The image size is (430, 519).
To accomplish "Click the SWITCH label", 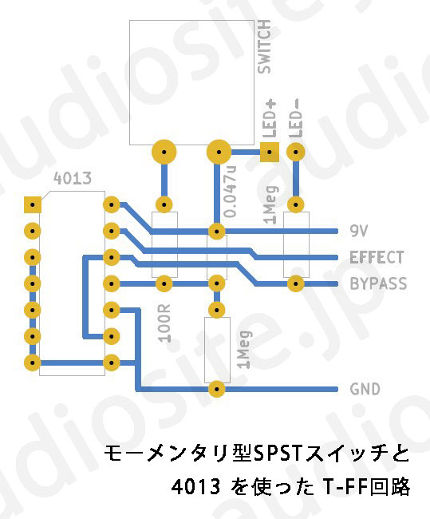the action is pyautogui.click(x=264, y=46).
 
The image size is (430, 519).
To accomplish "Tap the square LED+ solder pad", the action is pyautogui.click(x=269, y=153).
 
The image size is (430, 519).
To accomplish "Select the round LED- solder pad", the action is pyautogui.click(x=296, y=153).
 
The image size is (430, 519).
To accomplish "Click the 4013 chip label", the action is pyautogui.click(x=73, y=178).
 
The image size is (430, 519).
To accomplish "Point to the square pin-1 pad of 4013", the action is pyautogui.click(x=33, y=205).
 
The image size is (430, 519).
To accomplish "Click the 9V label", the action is pyautogui.click(x=358, y=231).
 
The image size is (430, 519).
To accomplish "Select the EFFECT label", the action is pyautogui.click(x=377, y=257).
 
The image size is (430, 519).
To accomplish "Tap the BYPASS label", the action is pyautogui.click(x=378, y=283).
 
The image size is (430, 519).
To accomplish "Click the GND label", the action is pyautogui.click(x=365, y=389).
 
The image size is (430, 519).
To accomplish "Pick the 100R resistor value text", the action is pyautogui.click(x=164, y=323).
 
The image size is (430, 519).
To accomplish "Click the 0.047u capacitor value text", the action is pyautogui.click(x=231, y=192).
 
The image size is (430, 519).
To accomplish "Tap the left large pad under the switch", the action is pyautogui.click(x=164, y=153).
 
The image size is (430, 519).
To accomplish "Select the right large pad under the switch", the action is pyautogui.click(x=219, y=153).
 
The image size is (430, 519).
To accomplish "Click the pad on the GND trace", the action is pyautogui.click(x=217, y=389).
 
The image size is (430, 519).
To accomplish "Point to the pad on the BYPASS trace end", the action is pyautogui.click(x=296, y=283).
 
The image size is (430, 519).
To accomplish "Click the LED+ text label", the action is pyautogui.click(x=270, y=119).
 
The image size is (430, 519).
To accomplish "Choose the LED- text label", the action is pyautogui.click(x=296, y=118).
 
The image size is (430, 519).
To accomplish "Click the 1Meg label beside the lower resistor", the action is pyautogui.click(x=244, y=349).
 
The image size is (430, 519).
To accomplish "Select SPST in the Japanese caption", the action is pyautogui.click(x=277, y=454).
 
